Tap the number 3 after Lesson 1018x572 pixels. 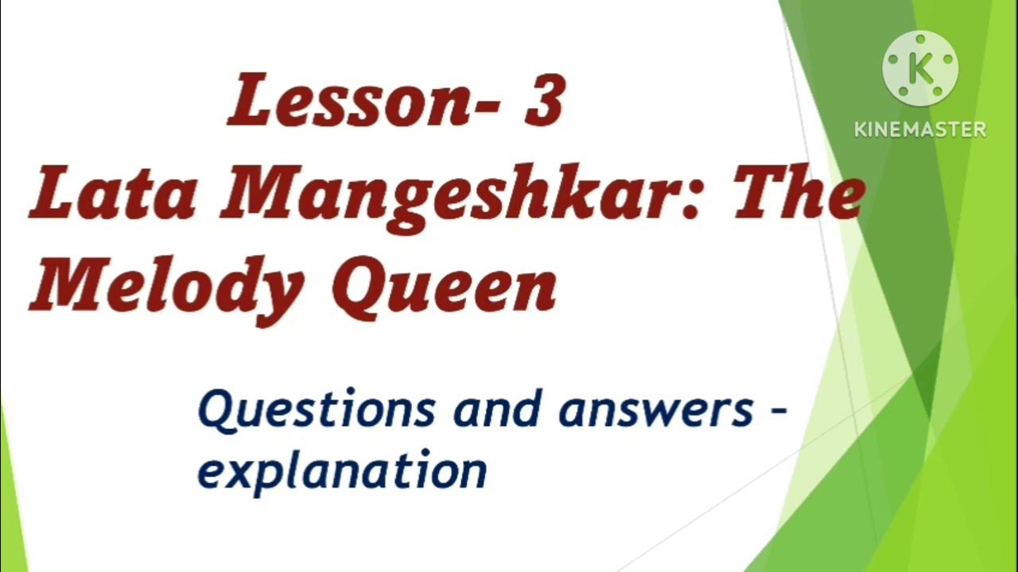click(x=544, y=102)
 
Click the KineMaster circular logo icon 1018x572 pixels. click(x=920, y=69)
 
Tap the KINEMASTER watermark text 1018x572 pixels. click(x=920, y=129)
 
